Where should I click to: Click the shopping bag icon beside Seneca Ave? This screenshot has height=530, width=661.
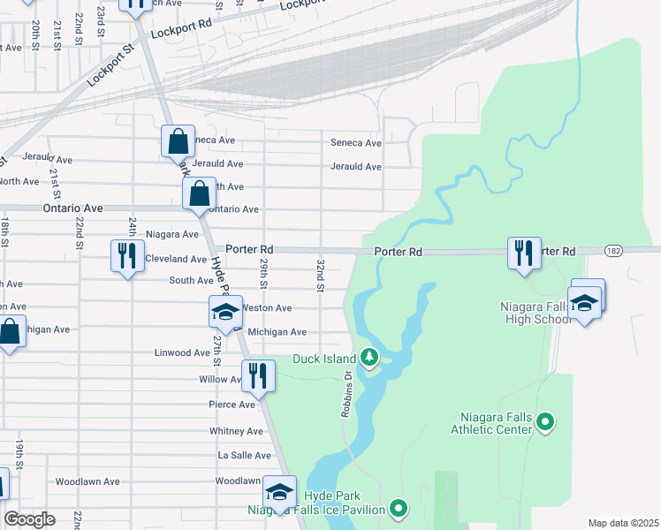178,141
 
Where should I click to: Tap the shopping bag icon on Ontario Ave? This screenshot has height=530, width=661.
200,193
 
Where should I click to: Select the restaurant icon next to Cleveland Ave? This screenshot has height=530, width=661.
126,256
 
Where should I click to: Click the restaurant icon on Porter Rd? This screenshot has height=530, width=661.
524,253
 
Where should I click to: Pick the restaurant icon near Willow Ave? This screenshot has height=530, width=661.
257,375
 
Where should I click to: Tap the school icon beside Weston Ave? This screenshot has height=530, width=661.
225,313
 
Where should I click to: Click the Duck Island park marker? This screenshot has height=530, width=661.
371,358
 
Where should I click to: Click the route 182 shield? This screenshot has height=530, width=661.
613,252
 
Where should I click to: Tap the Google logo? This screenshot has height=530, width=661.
29,519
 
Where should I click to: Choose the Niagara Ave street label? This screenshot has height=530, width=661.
171,234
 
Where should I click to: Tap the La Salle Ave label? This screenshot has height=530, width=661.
245,455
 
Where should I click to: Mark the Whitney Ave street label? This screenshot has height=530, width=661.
236,431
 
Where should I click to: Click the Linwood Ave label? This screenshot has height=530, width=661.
182,352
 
